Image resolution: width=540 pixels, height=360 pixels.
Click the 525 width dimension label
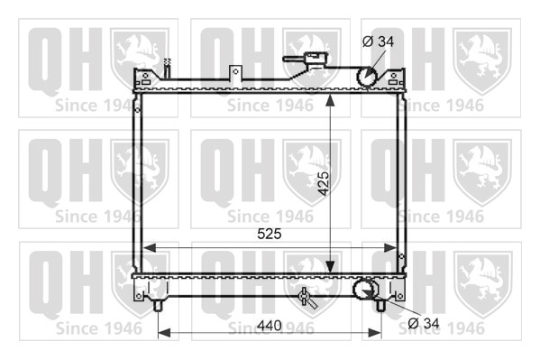click(270, 234)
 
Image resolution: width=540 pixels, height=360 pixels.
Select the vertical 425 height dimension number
click(324, 183)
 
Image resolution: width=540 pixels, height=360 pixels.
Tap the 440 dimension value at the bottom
click(270, 326)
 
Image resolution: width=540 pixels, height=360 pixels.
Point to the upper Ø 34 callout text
click(378, 42)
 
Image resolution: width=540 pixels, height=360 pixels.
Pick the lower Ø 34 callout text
click(424, 323)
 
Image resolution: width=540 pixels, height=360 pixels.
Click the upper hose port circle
click(368, 76)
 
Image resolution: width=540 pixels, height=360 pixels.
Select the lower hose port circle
click(363, 289)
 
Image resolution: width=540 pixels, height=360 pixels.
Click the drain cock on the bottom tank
click(307, 297)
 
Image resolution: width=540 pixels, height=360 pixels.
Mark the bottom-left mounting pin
click(158, 306)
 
